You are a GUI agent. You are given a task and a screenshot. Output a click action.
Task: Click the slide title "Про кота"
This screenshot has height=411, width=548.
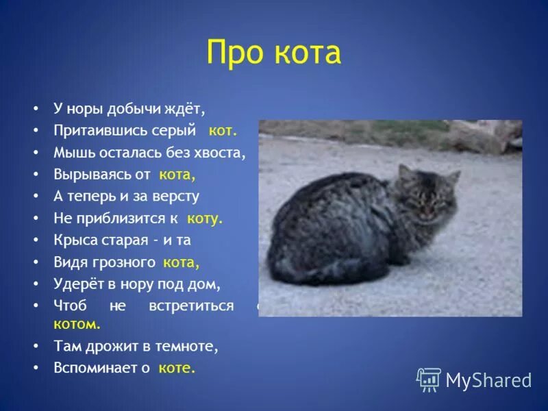[273, 52]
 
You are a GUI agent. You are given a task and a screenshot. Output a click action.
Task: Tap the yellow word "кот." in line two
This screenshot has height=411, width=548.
[223, 129]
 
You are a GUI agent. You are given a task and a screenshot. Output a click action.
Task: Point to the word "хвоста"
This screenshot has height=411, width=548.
[221, 152]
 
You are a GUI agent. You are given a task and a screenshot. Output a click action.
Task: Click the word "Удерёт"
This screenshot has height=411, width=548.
[76, 284]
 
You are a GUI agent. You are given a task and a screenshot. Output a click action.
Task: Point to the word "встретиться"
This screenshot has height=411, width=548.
[191, 306]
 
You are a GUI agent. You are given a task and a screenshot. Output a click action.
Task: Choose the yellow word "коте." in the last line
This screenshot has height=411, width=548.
[177, 368]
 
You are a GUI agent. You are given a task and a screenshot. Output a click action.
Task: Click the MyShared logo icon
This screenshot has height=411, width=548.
[429, 379]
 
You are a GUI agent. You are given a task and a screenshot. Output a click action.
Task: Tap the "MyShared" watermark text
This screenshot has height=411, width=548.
[488, 380]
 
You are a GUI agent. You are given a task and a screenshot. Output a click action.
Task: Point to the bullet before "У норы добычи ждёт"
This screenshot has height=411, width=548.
[34, 108]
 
